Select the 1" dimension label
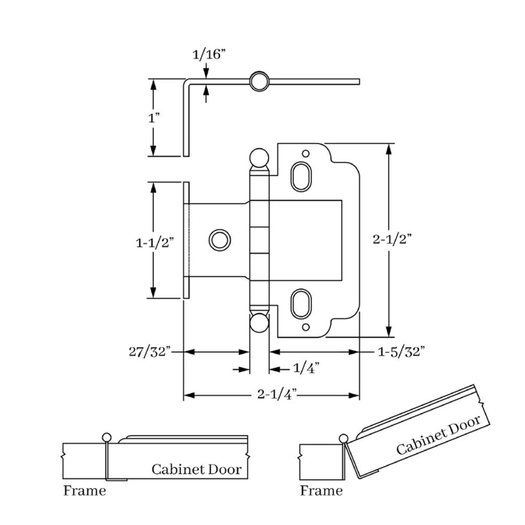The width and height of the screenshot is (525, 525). click(154, 119)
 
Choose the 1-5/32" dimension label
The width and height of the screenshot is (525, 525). click(402, 351)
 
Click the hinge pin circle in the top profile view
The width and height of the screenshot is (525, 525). click(259, 81)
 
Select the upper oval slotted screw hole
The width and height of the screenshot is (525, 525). click(301, 176)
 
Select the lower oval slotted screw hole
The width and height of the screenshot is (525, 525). click(301, 303)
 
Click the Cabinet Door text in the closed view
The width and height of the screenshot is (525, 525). click(196, 469)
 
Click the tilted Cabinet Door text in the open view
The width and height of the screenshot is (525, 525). click(438, 435)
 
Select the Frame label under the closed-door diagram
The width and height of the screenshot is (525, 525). click(84, 490)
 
